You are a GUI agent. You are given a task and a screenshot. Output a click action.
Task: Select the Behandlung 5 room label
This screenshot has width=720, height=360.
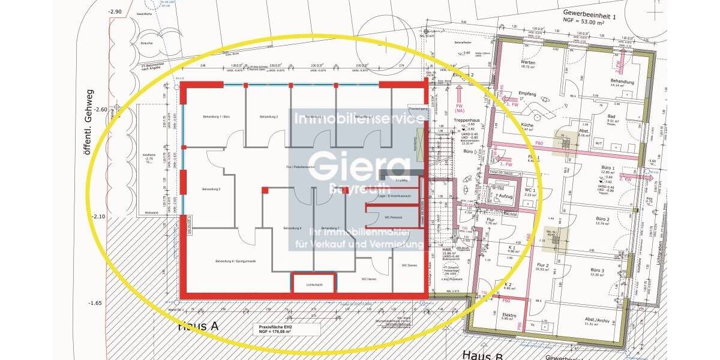pyautogui.click(x=211, y=190)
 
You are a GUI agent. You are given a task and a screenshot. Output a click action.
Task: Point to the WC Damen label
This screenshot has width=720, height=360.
pyautogui.click(x=409, y=265)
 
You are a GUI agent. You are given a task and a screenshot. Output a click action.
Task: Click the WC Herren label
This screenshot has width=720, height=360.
pyautogui.click(x=368, y=279)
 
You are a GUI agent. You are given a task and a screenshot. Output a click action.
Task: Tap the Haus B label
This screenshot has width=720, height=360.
pyautogui.click(x=481, y=354)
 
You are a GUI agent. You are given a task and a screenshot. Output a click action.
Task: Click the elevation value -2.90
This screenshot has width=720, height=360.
pyautogui.click(x=98, y=11)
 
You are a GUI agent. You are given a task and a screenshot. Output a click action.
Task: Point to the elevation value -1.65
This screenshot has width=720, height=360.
pyautogui.click(x=96, y=303)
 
